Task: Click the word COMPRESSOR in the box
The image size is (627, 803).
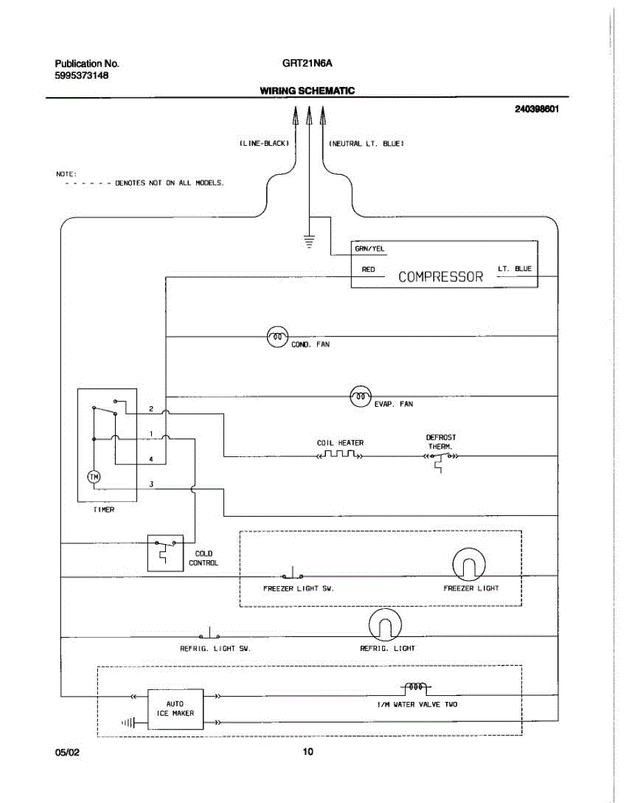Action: coord(440,277)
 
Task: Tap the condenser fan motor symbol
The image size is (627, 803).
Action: coord(278,337)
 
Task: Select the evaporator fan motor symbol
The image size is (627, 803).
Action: coord(361,397)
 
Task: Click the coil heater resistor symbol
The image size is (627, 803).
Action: coord(340,454)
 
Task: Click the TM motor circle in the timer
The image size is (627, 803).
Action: coord(94,476)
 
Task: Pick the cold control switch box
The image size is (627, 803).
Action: coord(165,553)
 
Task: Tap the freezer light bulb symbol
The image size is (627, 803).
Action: coord(468,565)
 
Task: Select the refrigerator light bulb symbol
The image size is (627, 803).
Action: coord(385,625)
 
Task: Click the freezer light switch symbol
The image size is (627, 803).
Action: coord(292,573)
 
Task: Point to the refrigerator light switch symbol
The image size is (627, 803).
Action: coord(209,634)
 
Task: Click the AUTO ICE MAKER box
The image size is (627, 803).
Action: coord(175,709)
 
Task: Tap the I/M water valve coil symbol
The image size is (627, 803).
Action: coord(416,687)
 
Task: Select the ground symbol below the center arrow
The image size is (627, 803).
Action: coord(309,242)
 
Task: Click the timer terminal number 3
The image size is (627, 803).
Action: coord(151,484)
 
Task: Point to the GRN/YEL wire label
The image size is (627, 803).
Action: coord(369,249)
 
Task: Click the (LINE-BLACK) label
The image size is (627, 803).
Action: coord(264,143)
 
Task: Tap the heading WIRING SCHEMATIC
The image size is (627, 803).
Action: coord(307,90)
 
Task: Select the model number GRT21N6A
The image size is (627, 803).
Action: coord(307,63)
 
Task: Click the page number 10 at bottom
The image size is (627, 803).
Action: coord(308,751)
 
